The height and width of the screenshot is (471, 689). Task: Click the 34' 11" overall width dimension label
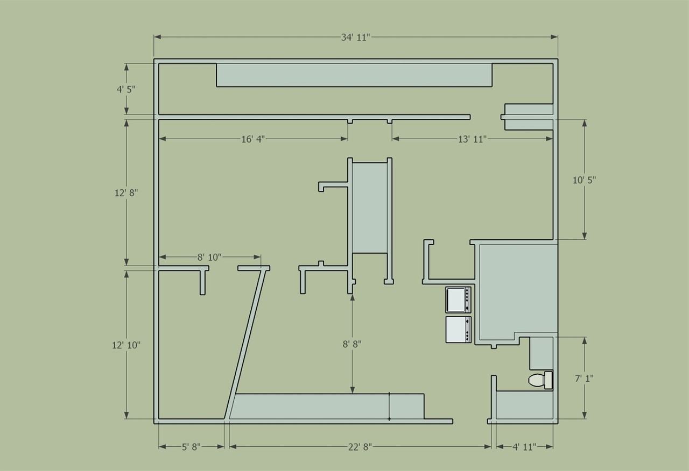tap(355, 38)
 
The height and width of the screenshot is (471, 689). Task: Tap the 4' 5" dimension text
tap(126, 89)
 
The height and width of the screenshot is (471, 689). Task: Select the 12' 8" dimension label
tap(126, 193)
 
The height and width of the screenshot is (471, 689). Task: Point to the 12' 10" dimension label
tap(126, 345)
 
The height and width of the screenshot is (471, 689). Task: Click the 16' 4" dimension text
tap(253, 139)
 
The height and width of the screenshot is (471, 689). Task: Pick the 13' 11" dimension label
tap(473, 139)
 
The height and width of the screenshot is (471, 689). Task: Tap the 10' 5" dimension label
tap(584, 180)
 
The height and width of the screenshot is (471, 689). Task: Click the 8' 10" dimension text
tap(209, 257)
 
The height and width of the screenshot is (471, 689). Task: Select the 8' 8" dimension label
tap(352, 344)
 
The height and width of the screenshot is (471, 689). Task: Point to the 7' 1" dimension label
tap(584, 379)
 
